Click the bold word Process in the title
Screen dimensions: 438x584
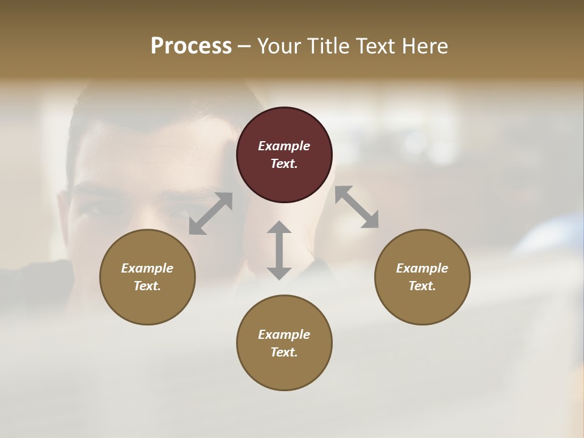pyautogui.click(x=191, y=46)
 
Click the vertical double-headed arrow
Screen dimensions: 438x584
pyautogui.click(x=279, y=250)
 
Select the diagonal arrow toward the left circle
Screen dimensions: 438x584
pyautogui.click(x=210, y=213)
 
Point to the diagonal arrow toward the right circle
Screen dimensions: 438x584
pyautogui.click(x=356, y=207)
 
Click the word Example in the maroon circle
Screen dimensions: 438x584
pyautogui.click(x=284, y=146)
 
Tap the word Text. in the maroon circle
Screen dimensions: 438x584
pyautogui.click(x=284, y=164)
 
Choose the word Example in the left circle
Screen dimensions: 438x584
pyautogui.click(x=147, y=268)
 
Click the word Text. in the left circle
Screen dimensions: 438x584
pyautogui.click(x=147, y=286)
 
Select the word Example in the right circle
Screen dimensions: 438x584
pyautogui.click(x=422, y=268)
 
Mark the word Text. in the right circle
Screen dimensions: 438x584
pyautogui.click(x=422, y=286)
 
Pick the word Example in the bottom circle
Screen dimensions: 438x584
pyautogui.click(x=284, y=335)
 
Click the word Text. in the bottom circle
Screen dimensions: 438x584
pyautogui.click(x=284, y=352)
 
